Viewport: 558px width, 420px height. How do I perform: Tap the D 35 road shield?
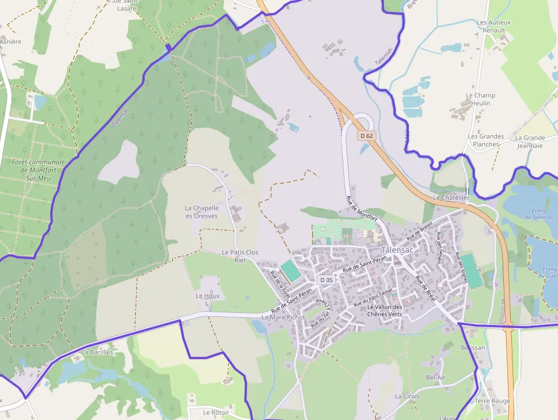326,280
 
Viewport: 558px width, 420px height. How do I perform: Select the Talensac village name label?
398,250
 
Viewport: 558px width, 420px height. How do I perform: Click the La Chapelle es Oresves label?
202,212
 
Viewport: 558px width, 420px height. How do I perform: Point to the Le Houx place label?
207,296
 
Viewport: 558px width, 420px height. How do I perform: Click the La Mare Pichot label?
283,317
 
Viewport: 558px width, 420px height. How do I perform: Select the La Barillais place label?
97,352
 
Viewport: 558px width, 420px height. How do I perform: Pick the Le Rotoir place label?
216,412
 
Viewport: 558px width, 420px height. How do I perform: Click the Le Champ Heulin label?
481,99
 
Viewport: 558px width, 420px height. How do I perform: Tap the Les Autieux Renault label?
494,26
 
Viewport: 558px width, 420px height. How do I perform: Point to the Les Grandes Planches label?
486,140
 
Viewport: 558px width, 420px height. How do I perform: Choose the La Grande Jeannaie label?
530,141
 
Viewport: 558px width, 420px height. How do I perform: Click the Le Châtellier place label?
451,197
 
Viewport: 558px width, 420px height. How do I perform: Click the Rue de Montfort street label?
362,210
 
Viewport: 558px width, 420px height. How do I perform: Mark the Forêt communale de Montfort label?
38,170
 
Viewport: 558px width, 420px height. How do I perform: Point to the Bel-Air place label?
436,377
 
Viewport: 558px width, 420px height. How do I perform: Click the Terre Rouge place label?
493,401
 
